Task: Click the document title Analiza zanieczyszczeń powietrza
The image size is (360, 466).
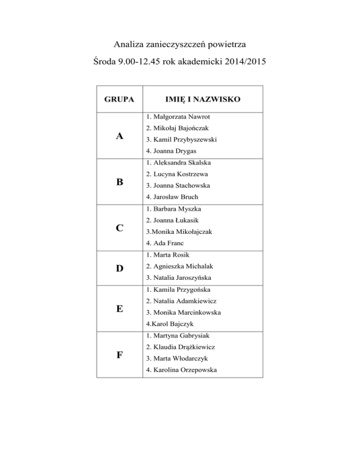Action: coord(180,45)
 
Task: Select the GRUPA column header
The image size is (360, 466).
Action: coord(120,99)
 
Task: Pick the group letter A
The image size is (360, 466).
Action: coord(120,136)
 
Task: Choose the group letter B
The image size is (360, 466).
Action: coord(120,182)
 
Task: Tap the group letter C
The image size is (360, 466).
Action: coord(120,228)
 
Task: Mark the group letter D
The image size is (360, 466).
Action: coord(120,268)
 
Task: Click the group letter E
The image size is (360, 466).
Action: coord(120,308)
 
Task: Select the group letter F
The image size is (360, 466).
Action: coord(120,354)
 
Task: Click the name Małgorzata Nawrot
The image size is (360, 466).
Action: coord(178,117)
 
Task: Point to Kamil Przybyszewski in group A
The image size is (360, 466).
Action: coord(181,140)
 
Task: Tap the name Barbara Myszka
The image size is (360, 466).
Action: coord(174,209)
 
